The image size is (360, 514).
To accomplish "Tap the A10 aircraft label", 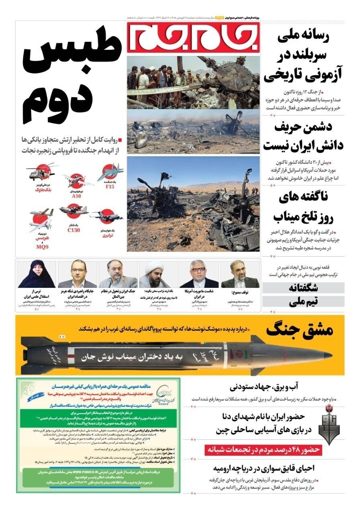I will coord(76,196).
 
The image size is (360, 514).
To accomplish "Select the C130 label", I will coord(74,230).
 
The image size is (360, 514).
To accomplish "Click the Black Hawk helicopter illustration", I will coord(39,170).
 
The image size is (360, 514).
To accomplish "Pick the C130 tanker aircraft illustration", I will coord(73,210).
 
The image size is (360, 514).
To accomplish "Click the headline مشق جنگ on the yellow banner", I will coord(299,330).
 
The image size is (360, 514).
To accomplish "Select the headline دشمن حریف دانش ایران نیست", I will coord(304,137).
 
